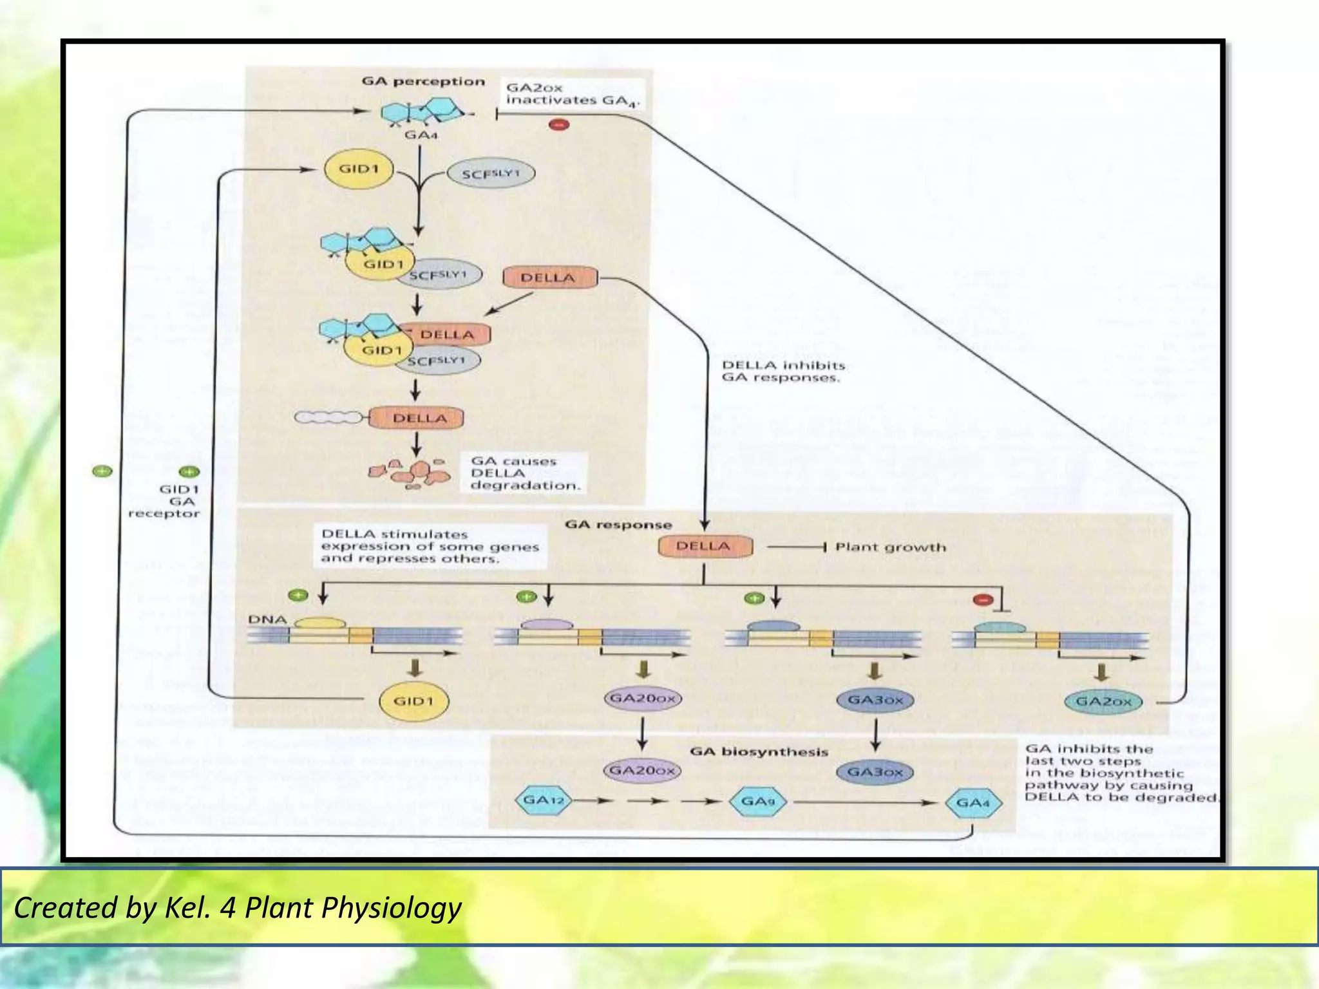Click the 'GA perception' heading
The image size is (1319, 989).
[x=422, y=82]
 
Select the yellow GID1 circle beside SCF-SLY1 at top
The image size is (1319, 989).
[x=359, y=169]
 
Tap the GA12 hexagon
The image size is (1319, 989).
[x=543, y=801]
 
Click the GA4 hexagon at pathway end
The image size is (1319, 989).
[x=973, y=803]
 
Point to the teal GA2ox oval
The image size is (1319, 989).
[x=1103, y=701]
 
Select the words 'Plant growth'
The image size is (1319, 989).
[x=890, y=547]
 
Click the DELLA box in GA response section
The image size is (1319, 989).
[x=703, y=547]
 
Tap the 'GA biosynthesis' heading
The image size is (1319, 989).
[x=759, y=751]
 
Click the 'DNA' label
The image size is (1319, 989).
[x=267, y=619]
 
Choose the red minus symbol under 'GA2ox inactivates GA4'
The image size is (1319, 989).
[x=558, y=124]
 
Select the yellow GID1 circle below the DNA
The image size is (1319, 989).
[x=413, y=701]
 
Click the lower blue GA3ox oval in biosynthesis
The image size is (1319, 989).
[x=875, y=771]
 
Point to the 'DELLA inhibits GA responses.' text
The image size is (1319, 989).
[x=783, y=372]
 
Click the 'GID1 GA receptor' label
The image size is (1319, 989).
[x=165, y=501]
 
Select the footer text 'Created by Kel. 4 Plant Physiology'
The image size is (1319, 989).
[x=238, y=908]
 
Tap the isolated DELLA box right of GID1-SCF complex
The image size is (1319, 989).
[x=548, y=278]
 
